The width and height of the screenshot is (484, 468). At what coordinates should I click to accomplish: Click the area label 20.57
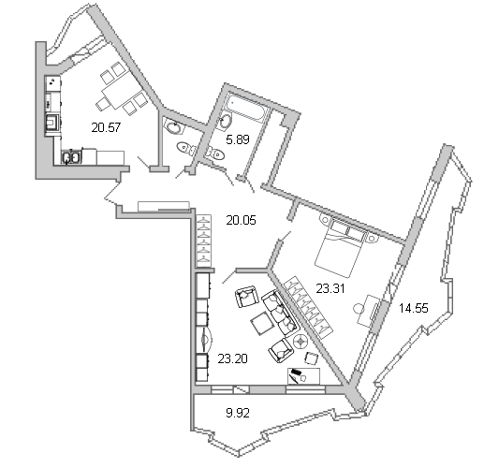[x=106, y=127]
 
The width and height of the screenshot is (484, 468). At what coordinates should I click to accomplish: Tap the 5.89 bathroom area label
[x=238, y=139]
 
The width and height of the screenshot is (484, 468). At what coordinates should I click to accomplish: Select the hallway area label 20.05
[x=241, y=220]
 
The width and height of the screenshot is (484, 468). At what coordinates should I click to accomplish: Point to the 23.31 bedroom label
[x=330, y=288]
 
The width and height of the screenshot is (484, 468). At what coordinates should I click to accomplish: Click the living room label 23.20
[x=233, y=358]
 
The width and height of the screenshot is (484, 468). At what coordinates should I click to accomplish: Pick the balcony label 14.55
[x=414, y=308]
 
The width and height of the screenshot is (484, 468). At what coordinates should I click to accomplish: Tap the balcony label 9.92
[x=238, y=413]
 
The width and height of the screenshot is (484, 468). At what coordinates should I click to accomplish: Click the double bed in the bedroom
[x=340, y=246]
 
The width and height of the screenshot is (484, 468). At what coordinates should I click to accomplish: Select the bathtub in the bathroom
[x=247, y=106]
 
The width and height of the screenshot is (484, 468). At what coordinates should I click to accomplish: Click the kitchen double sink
[x=71, y=157]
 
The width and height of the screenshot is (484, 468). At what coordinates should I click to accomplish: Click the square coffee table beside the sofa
[x=262, y=325]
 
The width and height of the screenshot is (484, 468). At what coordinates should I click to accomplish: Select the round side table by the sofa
[x=301, y=342]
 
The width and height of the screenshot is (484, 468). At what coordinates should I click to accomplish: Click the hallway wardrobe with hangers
[x=203, y=241]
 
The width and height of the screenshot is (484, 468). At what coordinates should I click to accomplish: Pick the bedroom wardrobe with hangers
[x=308, y=307]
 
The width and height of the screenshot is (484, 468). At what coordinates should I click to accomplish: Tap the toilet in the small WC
[x=186, y=149]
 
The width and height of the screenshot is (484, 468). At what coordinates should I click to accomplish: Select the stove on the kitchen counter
[x=52, y=122]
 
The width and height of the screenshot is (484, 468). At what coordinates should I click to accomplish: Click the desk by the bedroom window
[x=369, y=311]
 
